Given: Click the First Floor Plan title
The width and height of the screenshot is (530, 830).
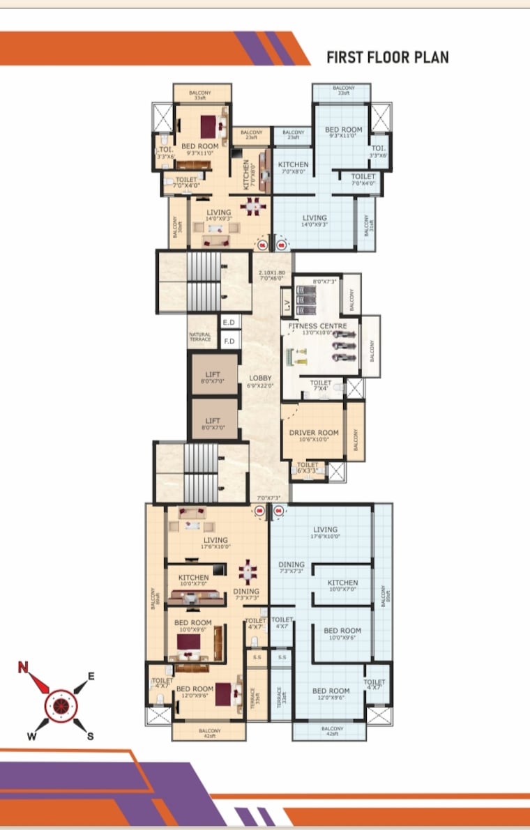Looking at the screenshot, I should (388, 57).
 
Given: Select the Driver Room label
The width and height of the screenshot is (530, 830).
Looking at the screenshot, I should (314, 433).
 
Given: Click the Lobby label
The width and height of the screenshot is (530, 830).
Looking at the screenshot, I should (260, 378).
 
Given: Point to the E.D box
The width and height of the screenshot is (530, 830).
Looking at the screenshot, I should (229, 323).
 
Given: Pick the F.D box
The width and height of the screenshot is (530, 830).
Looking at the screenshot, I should (229, 341).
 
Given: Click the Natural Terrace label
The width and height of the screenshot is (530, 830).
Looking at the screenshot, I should (200, 337).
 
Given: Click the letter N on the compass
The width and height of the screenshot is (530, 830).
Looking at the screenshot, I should (24, 668).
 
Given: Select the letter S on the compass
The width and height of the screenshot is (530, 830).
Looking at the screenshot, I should (91, 736).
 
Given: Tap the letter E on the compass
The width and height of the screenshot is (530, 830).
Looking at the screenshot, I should (91, 676).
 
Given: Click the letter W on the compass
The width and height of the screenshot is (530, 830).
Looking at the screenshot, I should (32, 735).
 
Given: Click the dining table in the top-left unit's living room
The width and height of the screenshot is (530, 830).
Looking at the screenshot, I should (252, 207).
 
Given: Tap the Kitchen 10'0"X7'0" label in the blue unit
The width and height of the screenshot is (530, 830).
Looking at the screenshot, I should (342, 586).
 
